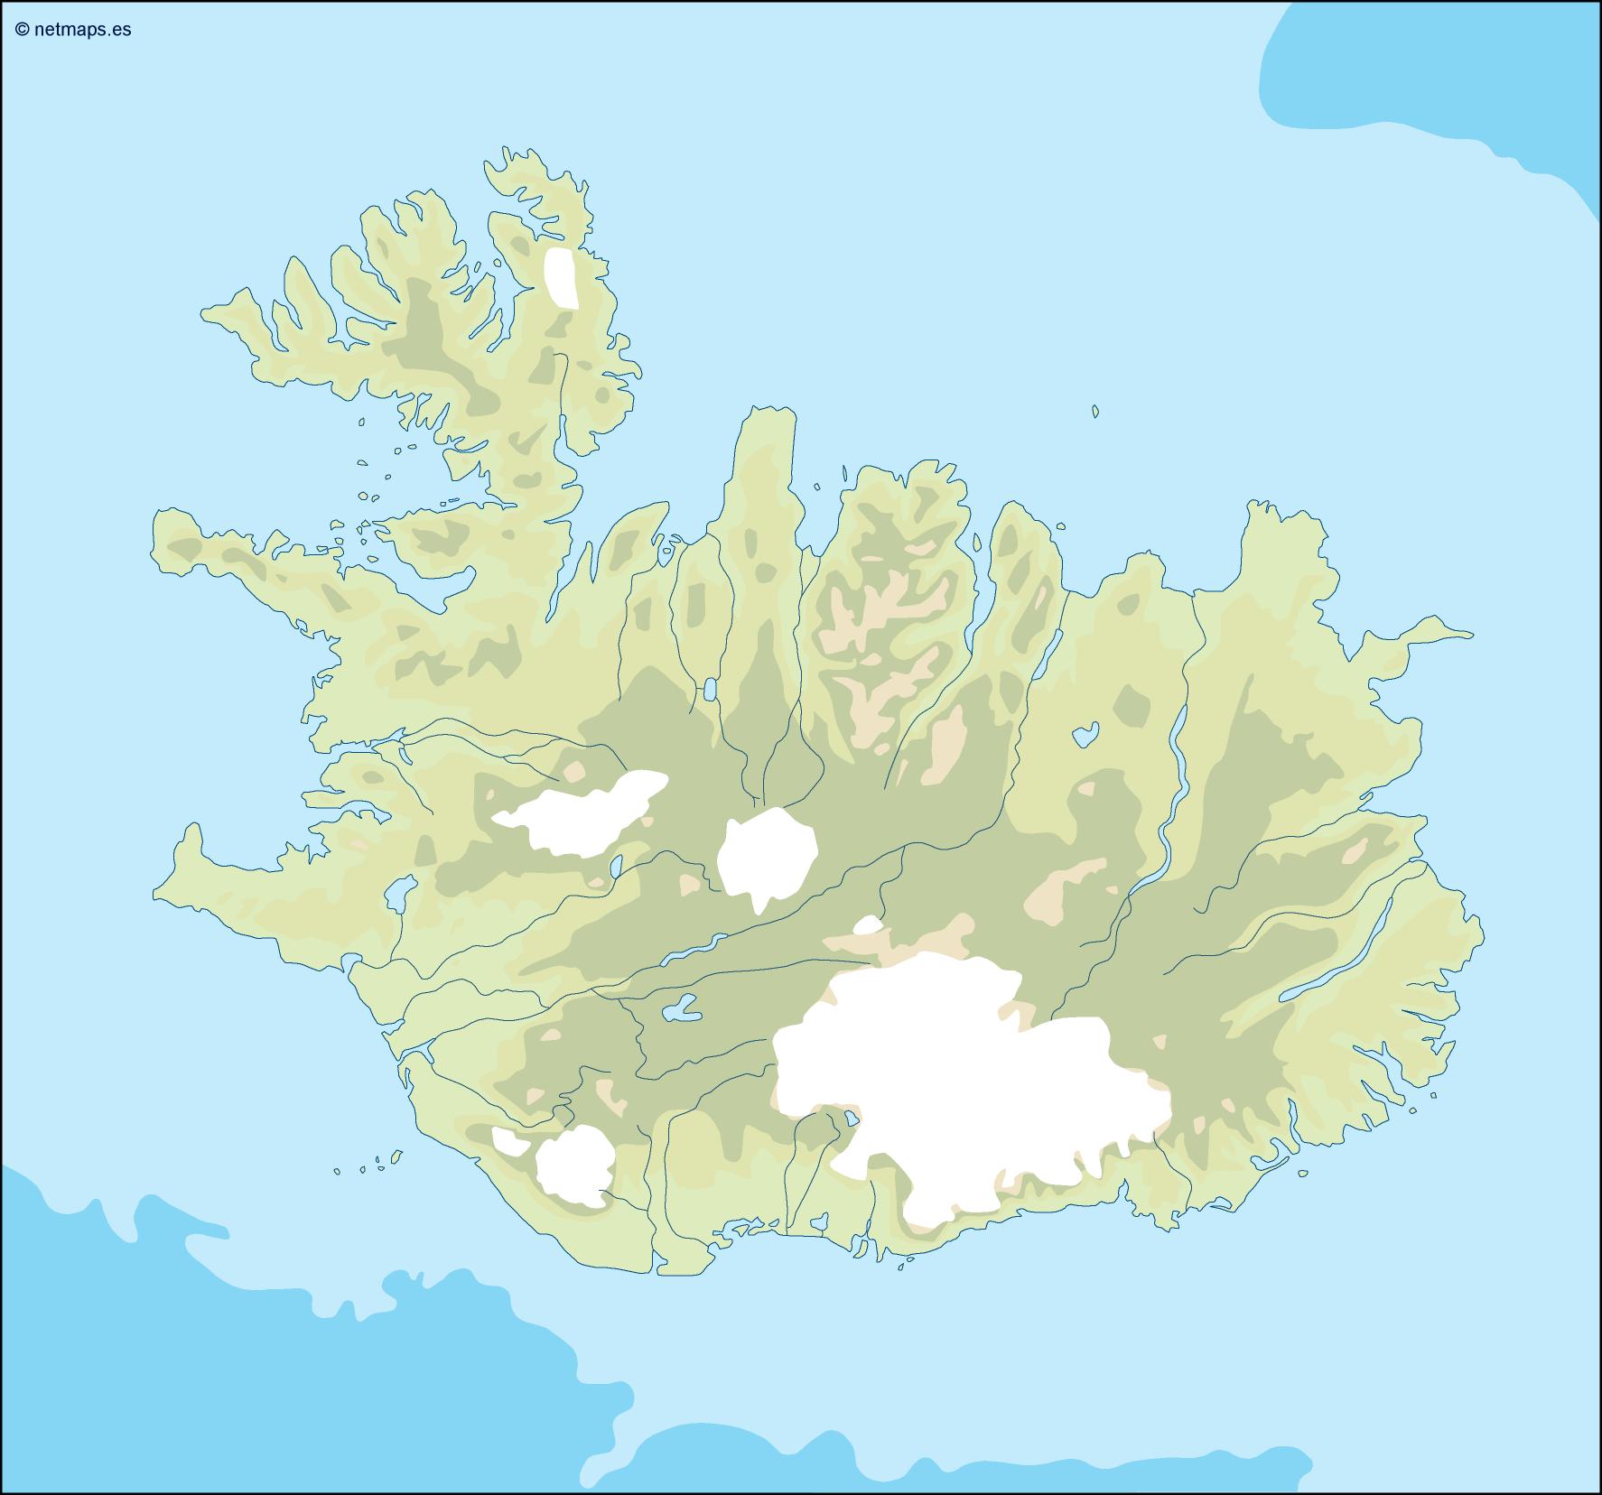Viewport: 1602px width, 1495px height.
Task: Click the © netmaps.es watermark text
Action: [x=73, y=30]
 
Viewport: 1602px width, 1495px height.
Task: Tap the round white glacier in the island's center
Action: [x=766, y=858]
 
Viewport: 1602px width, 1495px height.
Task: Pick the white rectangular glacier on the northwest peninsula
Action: [x=562, y=278]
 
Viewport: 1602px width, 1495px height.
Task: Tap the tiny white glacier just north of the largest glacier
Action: [x=867, y=925]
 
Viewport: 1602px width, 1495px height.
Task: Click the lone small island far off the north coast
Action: [x=1095, y=412]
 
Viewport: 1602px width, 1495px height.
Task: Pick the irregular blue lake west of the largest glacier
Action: [x=681, y=1008]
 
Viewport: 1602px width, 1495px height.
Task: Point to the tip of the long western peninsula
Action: [x=163, y=528]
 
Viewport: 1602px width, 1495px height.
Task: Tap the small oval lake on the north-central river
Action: [x=710, y=691]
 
